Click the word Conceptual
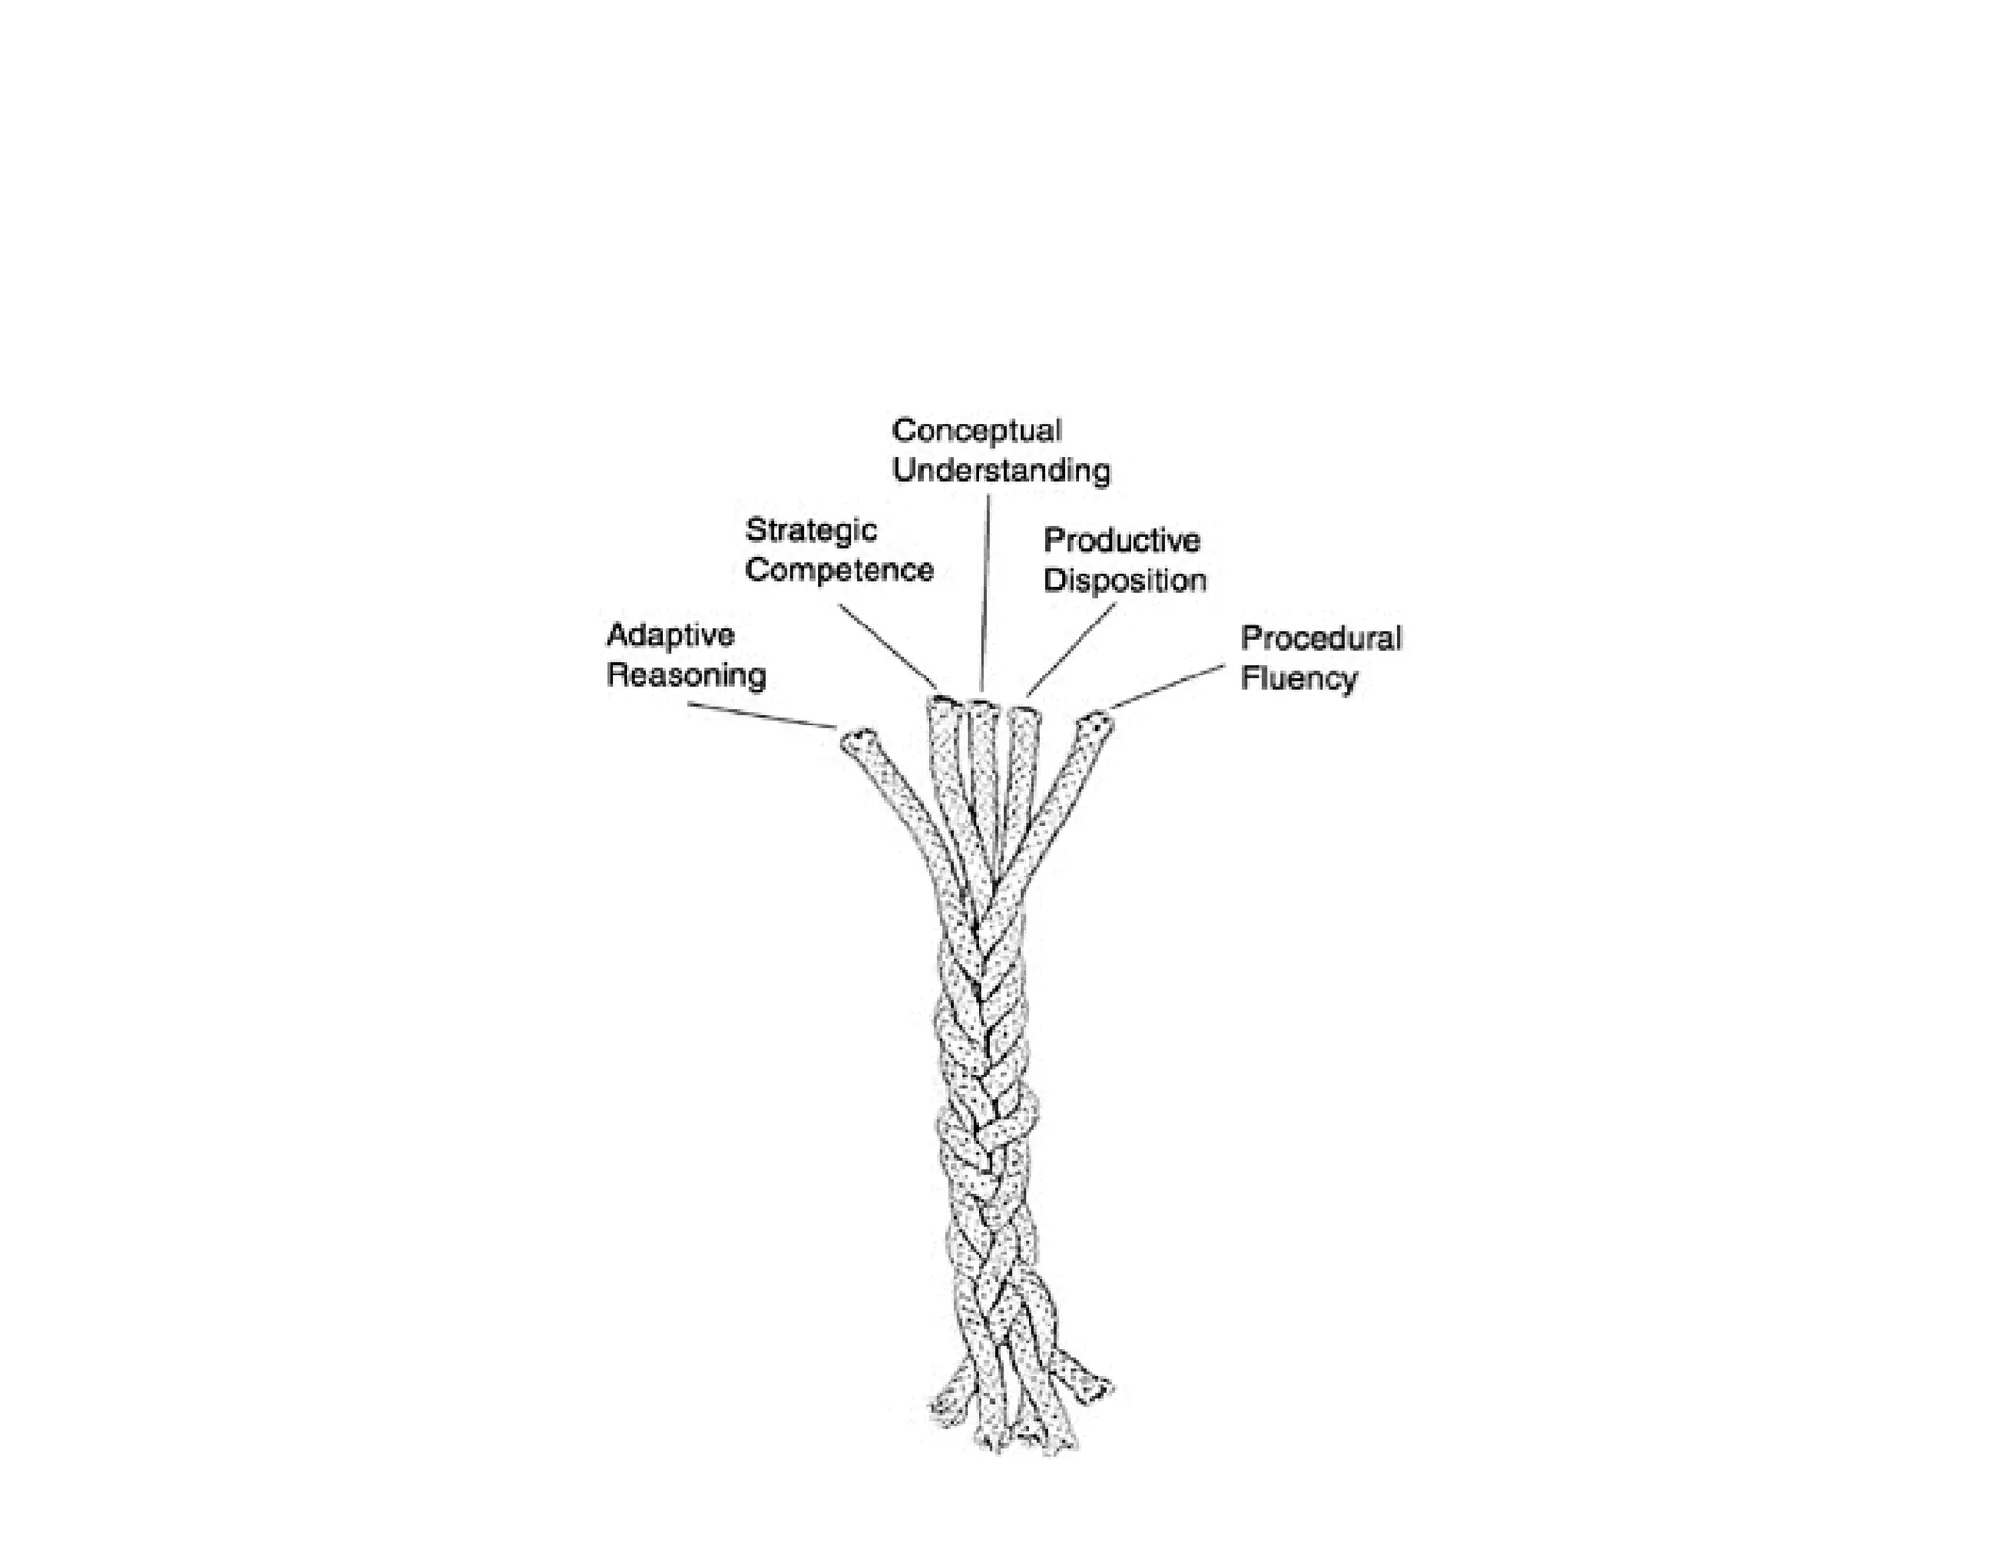click(977, 431)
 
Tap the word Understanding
click(1001, 472)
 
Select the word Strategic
click(811, 530)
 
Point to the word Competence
click(839, 571)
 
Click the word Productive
click(1122, 540)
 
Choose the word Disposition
click(1125, 580)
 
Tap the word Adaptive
click(671, 635)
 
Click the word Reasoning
click(686, 675)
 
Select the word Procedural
click(1321, 638)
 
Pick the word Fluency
click(1299, 678)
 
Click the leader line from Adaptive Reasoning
click(761, 716)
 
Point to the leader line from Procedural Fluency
click(1167, 685)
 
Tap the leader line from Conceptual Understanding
click(986, 588)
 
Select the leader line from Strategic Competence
click(888, 646)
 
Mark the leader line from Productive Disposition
click(1071, 649)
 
